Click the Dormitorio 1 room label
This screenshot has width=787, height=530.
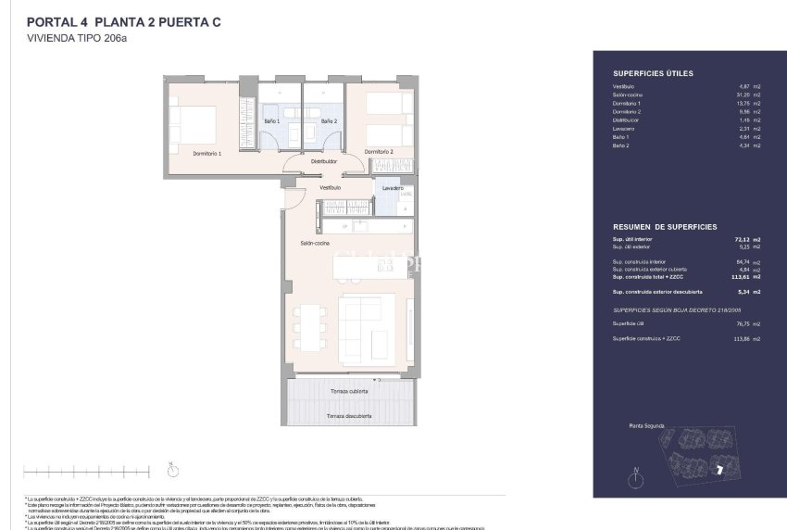click(206, 152)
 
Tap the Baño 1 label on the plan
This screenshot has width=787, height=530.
click(272, 121)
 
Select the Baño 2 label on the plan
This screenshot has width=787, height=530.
click(329, 121)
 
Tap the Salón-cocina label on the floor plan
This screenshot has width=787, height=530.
click(315, 243)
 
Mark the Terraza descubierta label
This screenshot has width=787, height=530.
click(348, 416)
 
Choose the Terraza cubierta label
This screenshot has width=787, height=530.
click(348, 392)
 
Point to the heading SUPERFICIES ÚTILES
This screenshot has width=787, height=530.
click(653, 73)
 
